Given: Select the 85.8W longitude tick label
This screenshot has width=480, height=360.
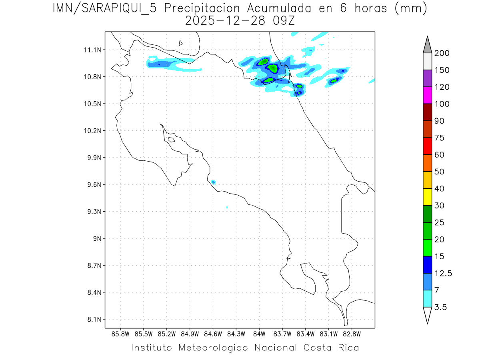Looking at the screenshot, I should [121, 334].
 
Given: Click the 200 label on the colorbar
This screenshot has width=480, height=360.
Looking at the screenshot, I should [442, 53].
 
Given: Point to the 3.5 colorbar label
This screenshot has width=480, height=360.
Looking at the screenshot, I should [441, 307].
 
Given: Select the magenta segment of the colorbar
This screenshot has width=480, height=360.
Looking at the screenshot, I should [427, 96].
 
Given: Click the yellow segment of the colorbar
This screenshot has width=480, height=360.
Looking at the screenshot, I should [427, 197].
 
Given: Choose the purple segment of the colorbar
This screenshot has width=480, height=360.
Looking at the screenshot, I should [427, 78].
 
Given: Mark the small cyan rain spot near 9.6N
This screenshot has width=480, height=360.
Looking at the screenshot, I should [213, 182].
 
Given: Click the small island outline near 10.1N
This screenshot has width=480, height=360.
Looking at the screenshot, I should [171, 140].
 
